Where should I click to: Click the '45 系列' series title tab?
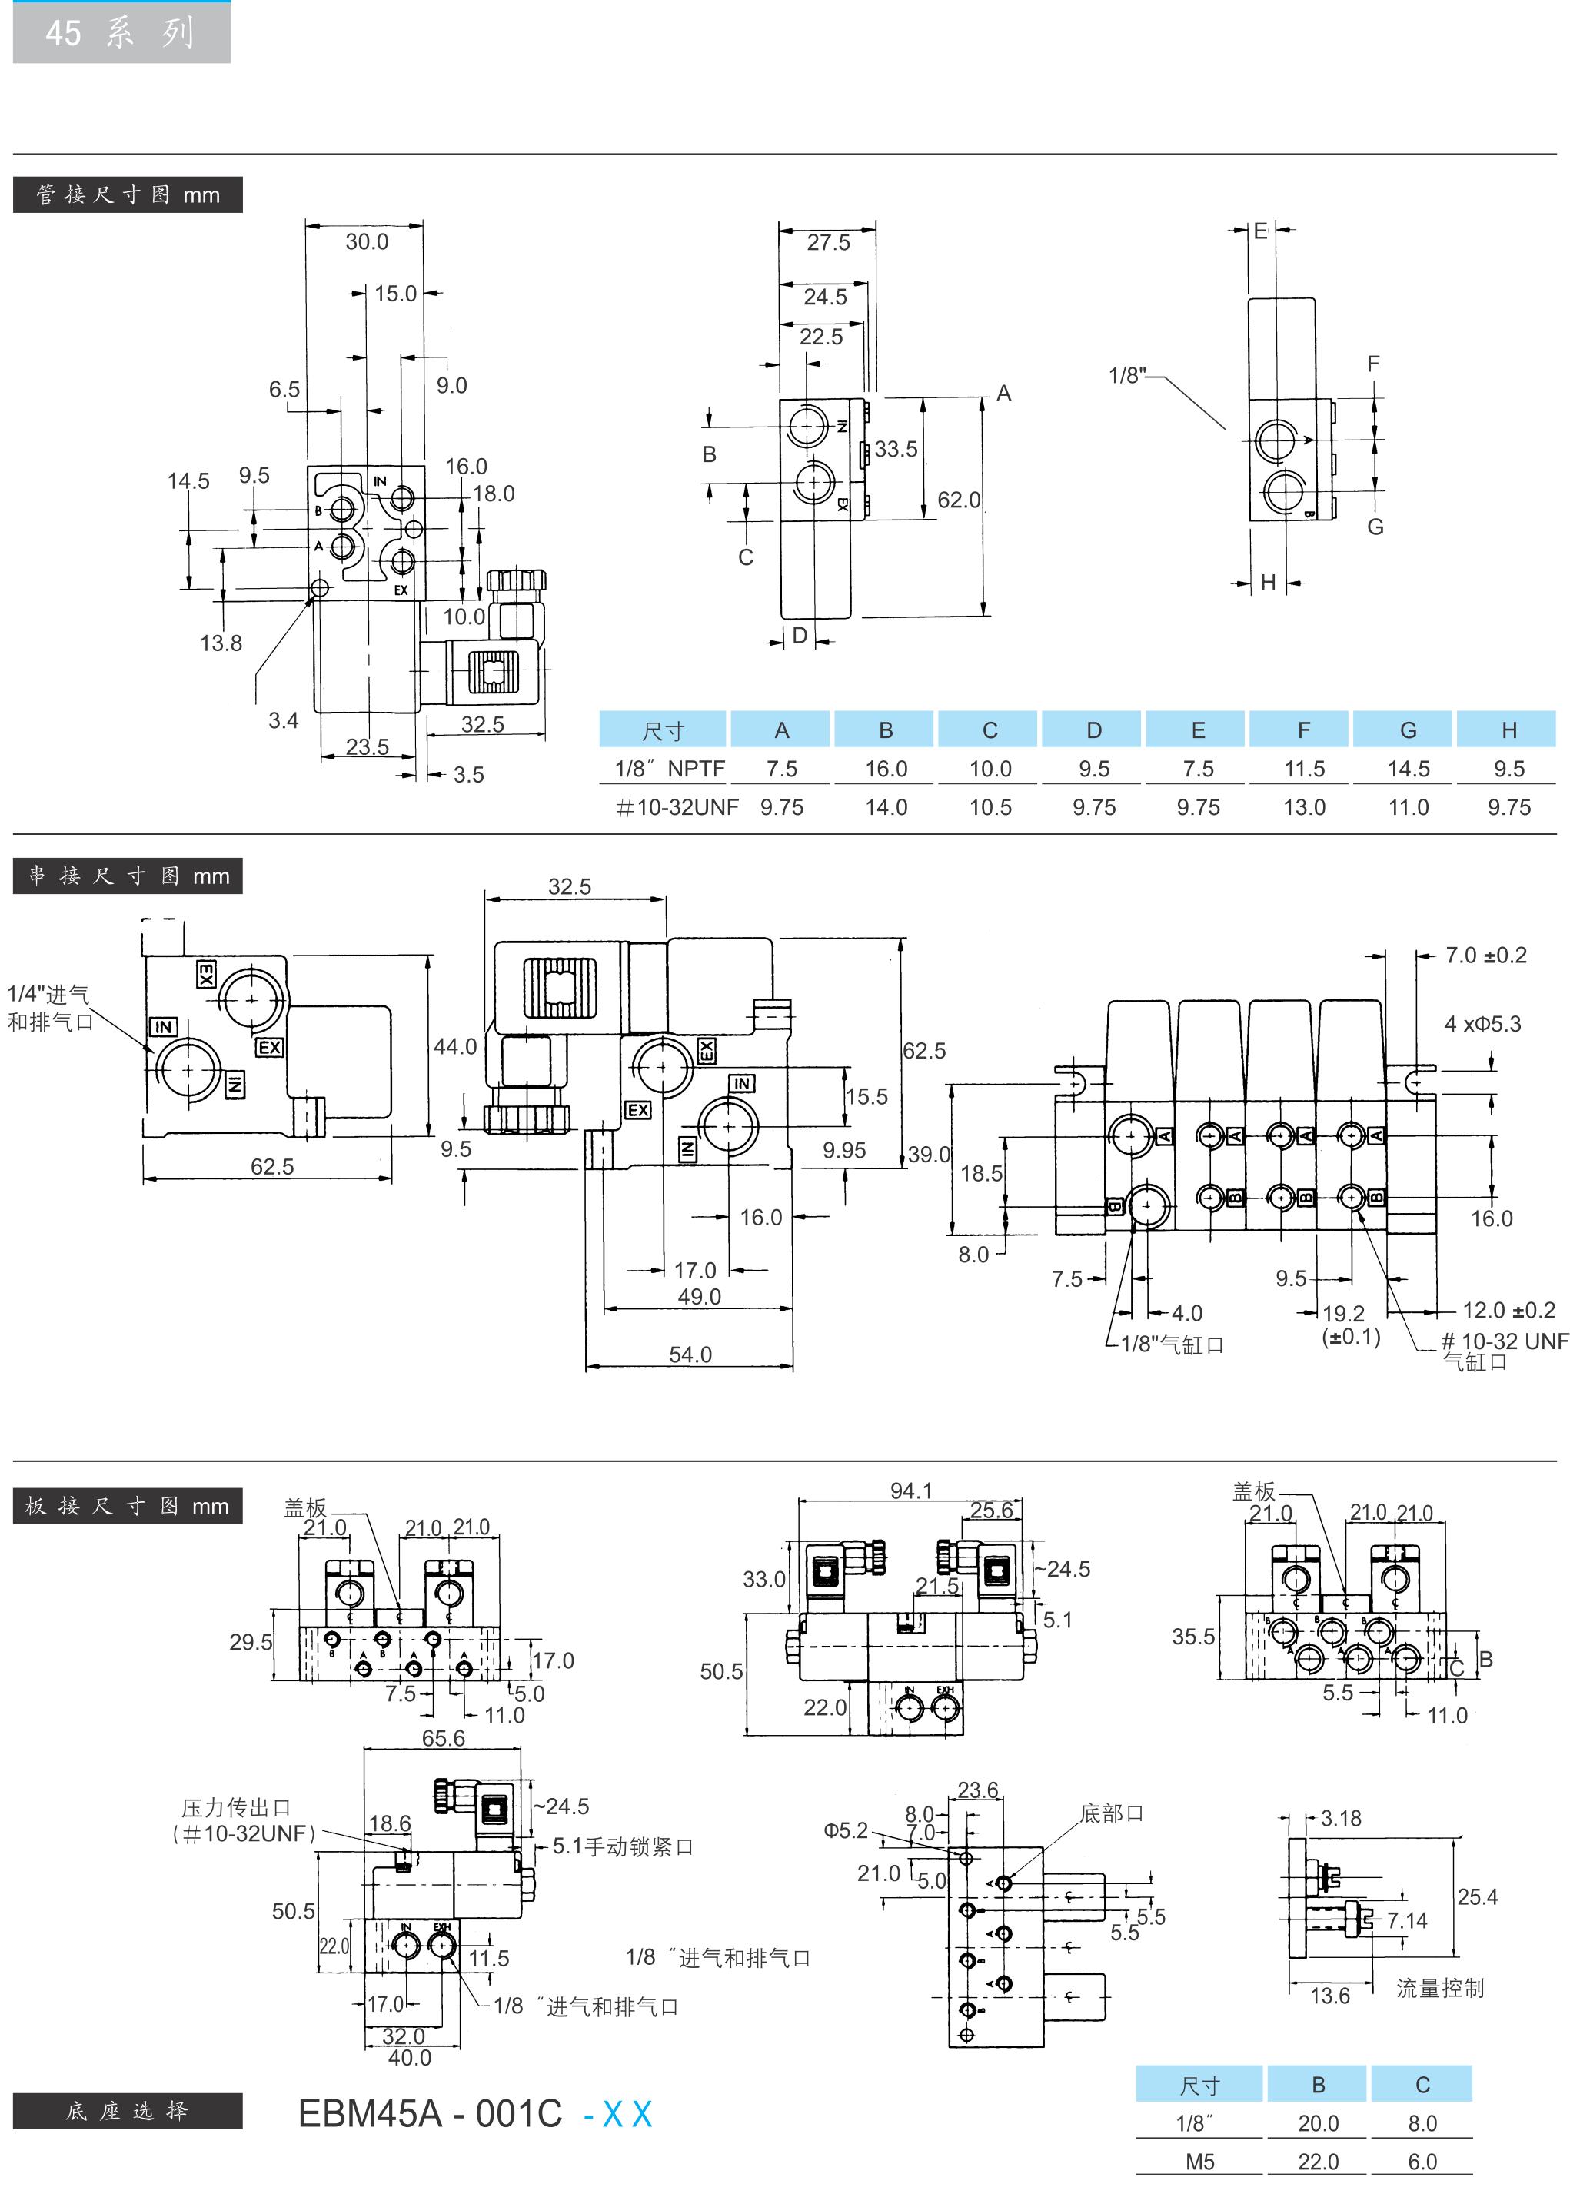coord(121,33)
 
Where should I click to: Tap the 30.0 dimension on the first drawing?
coord(367,241)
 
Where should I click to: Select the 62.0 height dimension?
coord(958,500)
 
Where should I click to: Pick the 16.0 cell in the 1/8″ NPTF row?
coord(886,769)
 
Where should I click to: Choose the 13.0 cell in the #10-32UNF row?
coord(1303,807)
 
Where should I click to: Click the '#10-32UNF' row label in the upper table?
coord(677,807)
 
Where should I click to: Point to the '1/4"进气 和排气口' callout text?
coord(49,1007)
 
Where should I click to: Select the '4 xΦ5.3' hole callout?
coord(1482,1024)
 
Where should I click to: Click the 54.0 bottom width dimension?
coord(690,1354)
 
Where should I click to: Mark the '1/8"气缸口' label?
coord(1172,1344)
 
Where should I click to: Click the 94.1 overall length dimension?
coord(910,1491)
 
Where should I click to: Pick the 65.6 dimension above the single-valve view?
coord(443,1738)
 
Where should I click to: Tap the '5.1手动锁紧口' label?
coord(623,1846)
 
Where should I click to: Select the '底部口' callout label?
coord(1112,1813)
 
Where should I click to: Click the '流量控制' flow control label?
coord(1439,1987)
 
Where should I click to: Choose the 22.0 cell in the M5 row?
coord(1318,2162)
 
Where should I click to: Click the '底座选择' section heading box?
coord(127,2111)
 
